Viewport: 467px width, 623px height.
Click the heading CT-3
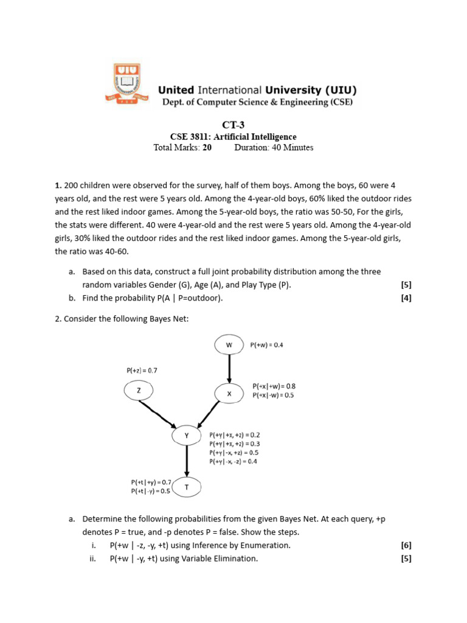tap(233, 125)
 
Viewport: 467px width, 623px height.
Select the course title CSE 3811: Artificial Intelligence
tap(233, 137)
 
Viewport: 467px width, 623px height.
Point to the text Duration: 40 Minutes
tap(274, 147)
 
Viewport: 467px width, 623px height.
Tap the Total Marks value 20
tap(207, 147)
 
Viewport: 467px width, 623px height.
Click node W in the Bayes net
tap(229, 345)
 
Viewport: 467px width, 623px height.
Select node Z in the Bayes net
tap(139, 391)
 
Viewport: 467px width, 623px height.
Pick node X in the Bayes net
tap(229, 394)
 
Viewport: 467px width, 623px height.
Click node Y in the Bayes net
tap(187, 436)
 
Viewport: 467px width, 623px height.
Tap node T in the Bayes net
tap(187, 487)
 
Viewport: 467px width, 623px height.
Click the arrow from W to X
tap(229, 368)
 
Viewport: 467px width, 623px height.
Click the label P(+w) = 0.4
tap(266, 345)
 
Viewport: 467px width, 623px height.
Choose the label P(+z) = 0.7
tap(142, 370)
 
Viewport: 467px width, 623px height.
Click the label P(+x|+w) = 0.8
tap(274, 386)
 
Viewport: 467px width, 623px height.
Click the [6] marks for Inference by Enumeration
tap(406, 545)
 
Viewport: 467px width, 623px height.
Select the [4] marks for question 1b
tap(406, 298)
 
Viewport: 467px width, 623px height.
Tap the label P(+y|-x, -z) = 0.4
tap(234, 461)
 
